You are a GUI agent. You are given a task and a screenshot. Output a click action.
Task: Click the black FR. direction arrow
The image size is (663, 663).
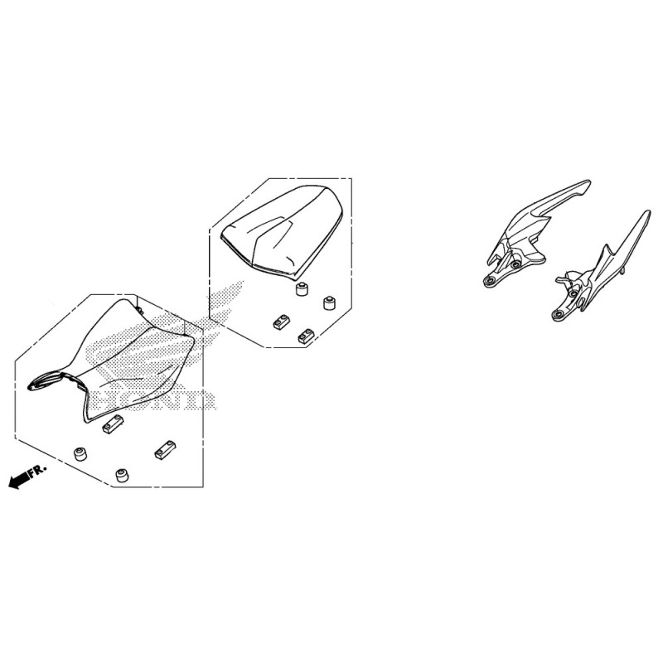pos(18,481)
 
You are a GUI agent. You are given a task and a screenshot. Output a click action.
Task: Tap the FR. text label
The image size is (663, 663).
pos(38,471)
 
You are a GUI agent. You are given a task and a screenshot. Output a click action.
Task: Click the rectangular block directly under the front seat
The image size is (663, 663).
pos(113,424)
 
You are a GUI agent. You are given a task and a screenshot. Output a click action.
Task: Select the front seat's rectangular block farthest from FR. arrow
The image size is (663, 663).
pos(164,450)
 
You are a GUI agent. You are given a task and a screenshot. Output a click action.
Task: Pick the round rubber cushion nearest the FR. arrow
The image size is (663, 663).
pos(80,453)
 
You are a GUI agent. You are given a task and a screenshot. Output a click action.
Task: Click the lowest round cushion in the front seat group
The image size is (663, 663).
pos(123,476)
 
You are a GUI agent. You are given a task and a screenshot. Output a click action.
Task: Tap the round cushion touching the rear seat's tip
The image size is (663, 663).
pos(302,289)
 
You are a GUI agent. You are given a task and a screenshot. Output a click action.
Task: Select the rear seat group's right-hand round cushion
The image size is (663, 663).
pos(329,302)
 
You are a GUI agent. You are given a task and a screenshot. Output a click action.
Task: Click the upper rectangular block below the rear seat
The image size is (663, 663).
pos(280,322)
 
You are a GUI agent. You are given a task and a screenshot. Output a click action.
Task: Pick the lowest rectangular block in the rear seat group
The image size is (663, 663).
pos(306,336)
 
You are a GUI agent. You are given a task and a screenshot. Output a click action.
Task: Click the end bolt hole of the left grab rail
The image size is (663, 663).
pos(490,281)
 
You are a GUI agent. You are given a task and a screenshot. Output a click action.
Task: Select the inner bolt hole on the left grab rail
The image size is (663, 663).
pos(515,265)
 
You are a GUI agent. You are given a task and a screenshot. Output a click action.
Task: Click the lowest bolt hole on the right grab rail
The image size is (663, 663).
pos(558,315)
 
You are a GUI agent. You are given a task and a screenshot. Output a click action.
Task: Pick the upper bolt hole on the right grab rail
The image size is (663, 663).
pos(573,293)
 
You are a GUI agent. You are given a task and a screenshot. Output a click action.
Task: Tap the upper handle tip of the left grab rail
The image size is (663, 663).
pos(588,183)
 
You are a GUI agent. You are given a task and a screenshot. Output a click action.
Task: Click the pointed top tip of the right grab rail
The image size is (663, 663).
pos(648,213)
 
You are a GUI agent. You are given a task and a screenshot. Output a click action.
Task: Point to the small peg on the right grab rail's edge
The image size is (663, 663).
pos(623,271)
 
